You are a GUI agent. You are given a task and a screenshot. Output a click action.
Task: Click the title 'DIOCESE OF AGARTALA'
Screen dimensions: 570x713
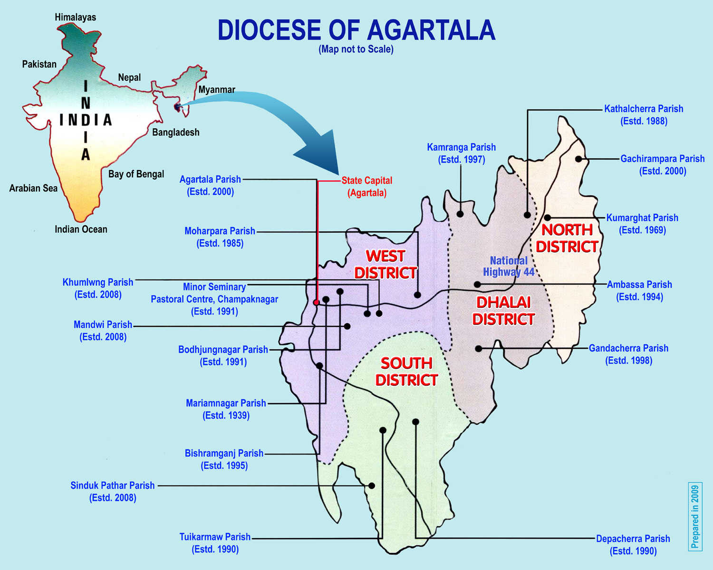point(356,30)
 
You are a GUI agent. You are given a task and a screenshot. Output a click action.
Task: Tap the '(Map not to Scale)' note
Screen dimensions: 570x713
point(356,49)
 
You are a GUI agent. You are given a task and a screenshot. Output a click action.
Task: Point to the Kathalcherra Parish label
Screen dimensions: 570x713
point(644,114)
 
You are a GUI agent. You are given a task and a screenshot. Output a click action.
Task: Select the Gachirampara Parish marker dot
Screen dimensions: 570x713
point(578,159)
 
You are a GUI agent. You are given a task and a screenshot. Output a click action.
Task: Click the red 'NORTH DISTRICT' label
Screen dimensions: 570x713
point(567,238)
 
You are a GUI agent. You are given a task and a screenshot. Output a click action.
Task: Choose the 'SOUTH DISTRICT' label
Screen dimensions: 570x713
point(406,371)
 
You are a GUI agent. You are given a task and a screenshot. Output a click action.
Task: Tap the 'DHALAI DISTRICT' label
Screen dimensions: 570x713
point(503,311)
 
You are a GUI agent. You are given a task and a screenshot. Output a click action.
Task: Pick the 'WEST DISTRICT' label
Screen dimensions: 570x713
point(385,264)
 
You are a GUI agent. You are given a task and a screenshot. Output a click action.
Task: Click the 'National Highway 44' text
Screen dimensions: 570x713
point(509,266)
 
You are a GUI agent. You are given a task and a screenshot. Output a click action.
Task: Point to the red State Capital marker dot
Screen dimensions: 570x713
point(317,303)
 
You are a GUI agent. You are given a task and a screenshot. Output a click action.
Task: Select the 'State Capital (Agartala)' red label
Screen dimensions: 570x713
point(366,187)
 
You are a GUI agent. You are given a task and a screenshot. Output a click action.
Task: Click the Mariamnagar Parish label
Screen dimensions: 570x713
point(226,409)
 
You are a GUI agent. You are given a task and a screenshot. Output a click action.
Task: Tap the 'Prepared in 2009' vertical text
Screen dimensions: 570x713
point(695,516)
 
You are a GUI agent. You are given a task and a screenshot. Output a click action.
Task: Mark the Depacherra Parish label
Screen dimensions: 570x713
point(633,545)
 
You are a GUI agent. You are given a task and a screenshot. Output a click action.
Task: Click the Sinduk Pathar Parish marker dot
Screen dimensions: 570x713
point(372,485)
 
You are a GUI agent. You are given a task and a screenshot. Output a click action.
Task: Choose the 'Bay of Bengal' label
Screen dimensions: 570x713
point(136,174)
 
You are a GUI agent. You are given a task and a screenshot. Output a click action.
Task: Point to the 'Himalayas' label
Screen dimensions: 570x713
point(75,17)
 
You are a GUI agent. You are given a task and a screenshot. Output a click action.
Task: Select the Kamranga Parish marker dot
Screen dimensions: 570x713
point(460,214)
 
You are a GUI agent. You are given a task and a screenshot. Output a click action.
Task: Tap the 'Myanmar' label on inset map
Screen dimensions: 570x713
point(217,89)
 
